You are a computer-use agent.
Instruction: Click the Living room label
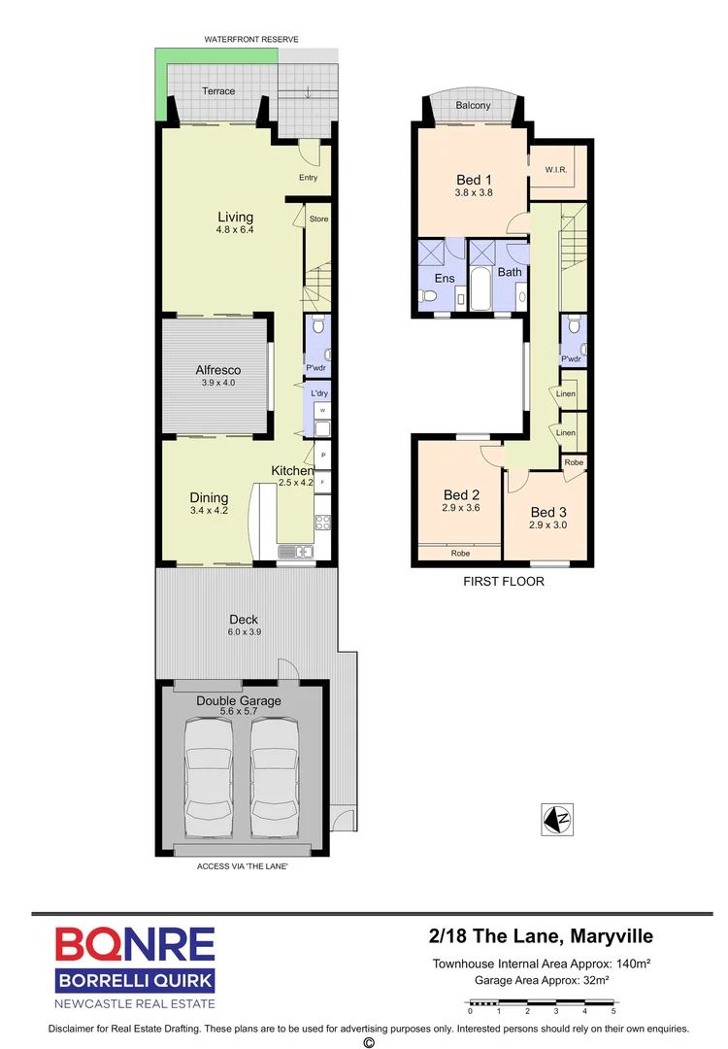(x=235, y=217)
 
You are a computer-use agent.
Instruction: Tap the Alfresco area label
(x=217, y=370)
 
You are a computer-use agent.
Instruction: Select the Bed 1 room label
(x=475, y=180)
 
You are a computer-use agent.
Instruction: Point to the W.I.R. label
(x=555, y=170)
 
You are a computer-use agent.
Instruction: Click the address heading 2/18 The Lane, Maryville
(x=541, y=936)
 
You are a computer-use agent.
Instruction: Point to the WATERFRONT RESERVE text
(x=250, y=39)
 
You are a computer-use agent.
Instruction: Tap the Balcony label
(x=473, y=106)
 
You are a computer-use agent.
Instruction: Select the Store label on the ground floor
(x=318, y=220)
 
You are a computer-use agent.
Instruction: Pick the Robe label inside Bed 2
(x=460, y=554)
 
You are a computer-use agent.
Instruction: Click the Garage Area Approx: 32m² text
(x=541, y=981)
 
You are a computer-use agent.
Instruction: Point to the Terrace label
(x=217, y=91)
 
